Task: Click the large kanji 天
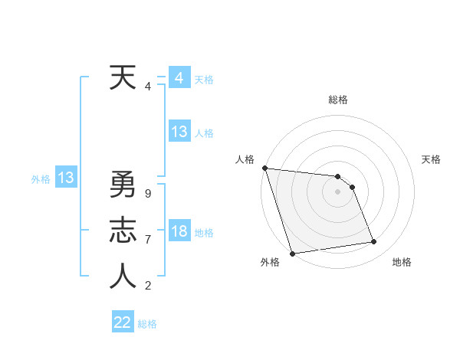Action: (123, 78)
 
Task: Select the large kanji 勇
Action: (123, 185)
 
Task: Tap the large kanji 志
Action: (123, 231)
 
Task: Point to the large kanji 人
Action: (123, 277)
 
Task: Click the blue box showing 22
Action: (123, 322)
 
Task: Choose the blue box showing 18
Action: (179, 231)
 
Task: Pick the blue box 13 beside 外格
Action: (66, 178)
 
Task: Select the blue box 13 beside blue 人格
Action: (179, 132)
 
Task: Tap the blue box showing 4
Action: (179, 78)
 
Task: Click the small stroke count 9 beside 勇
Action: (147, 194)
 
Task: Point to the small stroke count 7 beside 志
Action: (147, 240)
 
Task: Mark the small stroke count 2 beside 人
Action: (147, 286)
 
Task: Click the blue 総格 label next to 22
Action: (147, 324)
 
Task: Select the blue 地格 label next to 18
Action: (205, 232)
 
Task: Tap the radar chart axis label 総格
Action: (338, 100)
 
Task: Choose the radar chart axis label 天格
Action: (432, 159)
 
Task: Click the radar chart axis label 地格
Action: (402, 262)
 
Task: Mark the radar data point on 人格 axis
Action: (264, 168)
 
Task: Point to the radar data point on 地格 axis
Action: (374, 242)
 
